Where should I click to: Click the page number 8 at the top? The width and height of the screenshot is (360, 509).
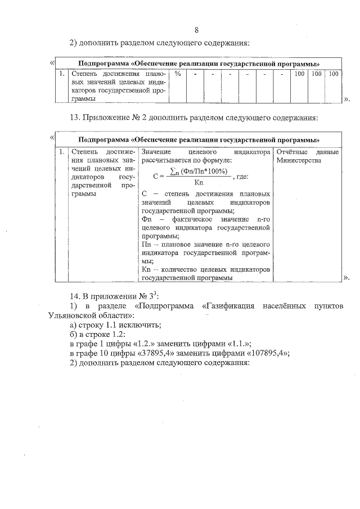197,30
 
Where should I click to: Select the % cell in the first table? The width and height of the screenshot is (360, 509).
178,74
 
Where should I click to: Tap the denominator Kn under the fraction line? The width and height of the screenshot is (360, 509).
199,182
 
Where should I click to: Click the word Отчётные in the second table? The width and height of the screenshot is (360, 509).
291,152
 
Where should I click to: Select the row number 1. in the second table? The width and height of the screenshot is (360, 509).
61,152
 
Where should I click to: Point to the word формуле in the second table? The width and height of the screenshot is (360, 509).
209,160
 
